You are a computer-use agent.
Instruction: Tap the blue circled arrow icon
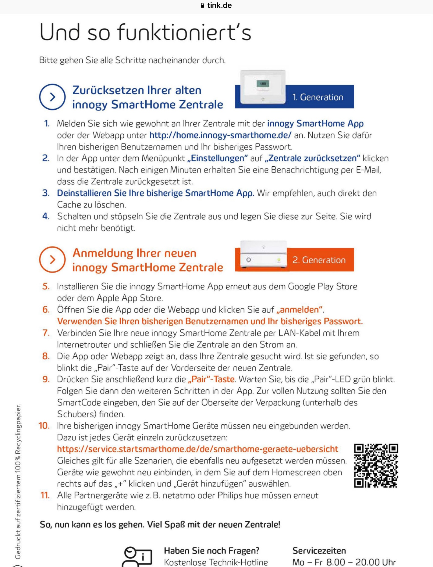pyautogui.click(x=52, y=97)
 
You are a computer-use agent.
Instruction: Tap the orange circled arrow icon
pyautogui.click(x=52, y=260)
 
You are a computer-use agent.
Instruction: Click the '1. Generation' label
pyautogui.click(x=318, y=97)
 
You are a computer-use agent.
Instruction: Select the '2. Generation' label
pyautogui.click(x=319, y=260)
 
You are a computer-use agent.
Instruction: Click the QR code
pyautogui.click(x=376, y=465)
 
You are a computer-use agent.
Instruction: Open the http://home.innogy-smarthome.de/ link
pyautogui.click(x=220, y=135)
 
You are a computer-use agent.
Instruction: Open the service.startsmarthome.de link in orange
pyautogui.click(x=197, y=449)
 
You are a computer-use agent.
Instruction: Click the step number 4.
pyautogui.click(x=46, y=216)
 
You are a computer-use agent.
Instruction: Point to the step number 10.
pyautogui.click(x=44, y=425)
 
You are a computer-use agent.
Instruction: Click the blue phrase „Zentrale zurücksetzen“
pyautogui.click(x=312, y=158)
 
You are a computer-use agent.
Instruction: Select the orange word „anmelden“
pyautogui.click(x=300, y=310)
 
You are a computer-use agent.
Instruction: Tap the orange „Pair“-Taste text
pyautogui.click(x=211, y=380)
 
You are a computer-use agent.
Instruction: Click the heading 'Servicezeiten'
pyautogui.click(x=319, y=551)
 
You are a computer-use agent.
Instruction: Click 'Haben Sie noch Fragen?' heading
pyautogui.click(x=211, y=551)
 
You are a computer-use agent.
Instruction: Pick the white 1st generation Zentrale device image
pyautogui.click(x=263, y=87)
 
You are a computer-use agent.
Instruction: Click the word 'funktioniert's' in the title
pyautogui.click(x=184, y=32)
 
